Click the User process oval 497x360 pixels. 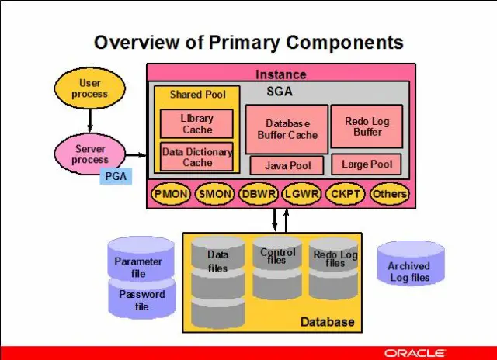pos(90,88)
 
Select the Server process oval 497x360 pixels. pos(90,154)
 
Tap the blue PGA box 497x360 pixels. pos(116,176)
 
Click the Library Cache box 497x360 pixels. pos(196,124)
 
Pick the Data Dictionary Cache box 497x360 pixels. pos(196,157)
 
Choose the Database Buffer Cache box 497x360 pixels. pos(287,130)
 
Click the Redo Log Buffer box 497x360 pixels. pos(367,126)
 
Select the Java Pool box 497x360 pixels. pos(287,165)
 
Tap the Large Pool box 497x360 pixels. pos(367,164)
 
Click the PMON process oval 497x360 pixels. pos(171,194)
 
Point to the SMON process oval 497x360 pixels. pos(214,194)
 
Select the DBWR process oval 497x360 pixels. pos(259,194)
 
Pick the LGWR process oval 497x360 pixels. pos(301,194)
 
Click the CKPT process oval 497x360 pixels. pos(346,194)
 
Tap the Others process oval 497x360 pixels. pos(390,194)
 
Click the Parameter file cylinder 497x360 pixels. pos(141,258)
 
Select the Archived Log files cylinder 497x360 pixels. pos(411,264)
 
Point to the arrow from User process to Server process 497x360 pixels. pos(90,120)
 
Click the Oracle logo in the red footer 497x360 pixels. pos(415,353)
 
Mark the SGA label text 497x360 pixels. pos(280,92)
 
